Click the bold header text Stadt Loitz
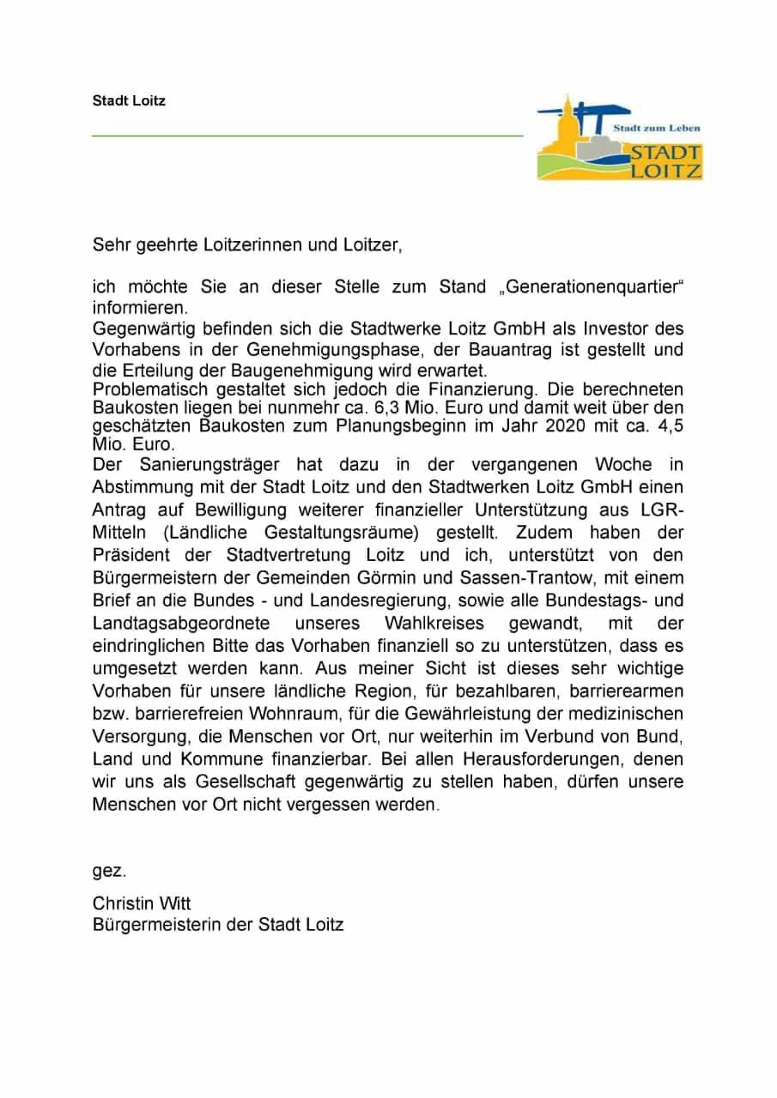tap(129, 100)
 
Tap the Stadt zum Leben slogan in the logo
tap(656, 128)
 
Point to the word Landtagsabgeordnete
tap(181, 621)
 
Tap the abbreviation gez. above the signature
tap(109, 871)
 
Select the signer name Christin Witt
tap(142, 903)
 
